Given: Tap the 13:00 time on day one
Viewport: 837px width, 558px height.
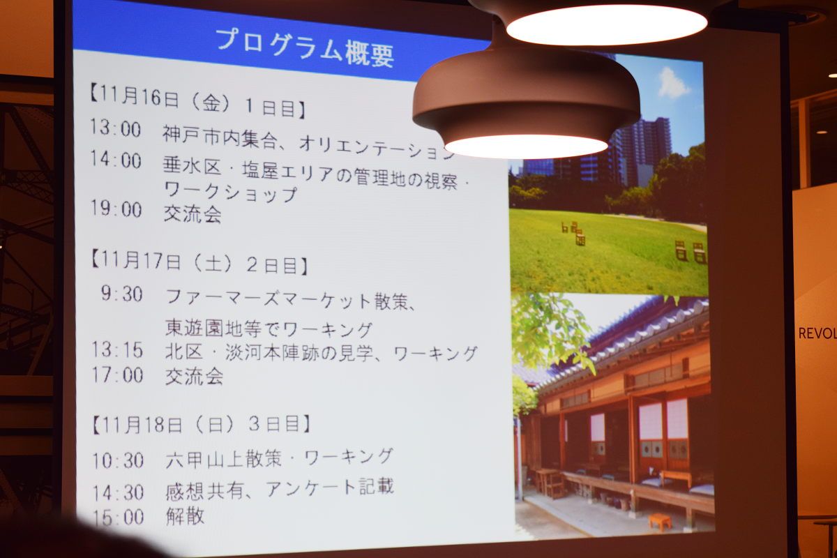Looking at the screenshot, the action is coord(116,128).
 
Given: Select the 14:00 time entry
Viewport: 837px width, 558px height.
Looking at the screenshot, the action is coord(116,160).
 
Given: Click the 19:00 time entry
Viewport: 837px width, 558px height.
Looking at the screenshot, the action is coord(116,208).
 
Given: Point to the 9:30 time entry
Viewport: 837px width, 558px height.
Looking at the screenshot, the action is coord(122,294).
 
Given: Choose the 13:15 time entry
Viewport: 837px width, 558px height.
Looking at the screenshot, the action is coord(117,350).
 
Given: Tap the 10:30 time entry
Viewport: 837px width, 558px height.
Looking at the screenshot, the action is coord(118,460).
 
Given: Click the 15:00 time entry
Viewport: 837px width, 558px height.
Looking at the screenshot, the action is coord(119,518).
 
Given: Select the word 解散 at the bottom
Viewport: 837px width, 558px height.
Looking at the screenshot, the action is coord(186,516).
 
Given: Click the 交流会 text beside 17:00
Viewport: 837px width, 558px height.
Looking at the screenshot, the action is coord(195,376).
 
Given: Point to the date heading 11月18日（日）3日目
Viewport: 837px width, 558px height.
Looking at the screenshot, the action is coord(202,424).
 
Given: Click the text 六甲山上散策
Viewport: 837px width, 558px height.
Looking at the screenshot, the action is coord(223,460).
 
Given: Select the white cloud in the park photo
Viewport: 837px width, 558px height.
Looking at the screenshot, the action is coord(673,83).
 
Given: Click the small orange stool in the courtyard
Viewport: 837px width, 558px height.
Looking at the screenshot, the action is coord(660,521).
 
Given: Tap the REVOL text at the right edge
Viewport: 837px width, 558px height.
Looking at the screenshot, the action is coord(817,333).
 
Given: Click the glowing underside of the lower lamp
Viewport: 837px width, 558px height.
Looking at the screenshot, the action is coord(526,146).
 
